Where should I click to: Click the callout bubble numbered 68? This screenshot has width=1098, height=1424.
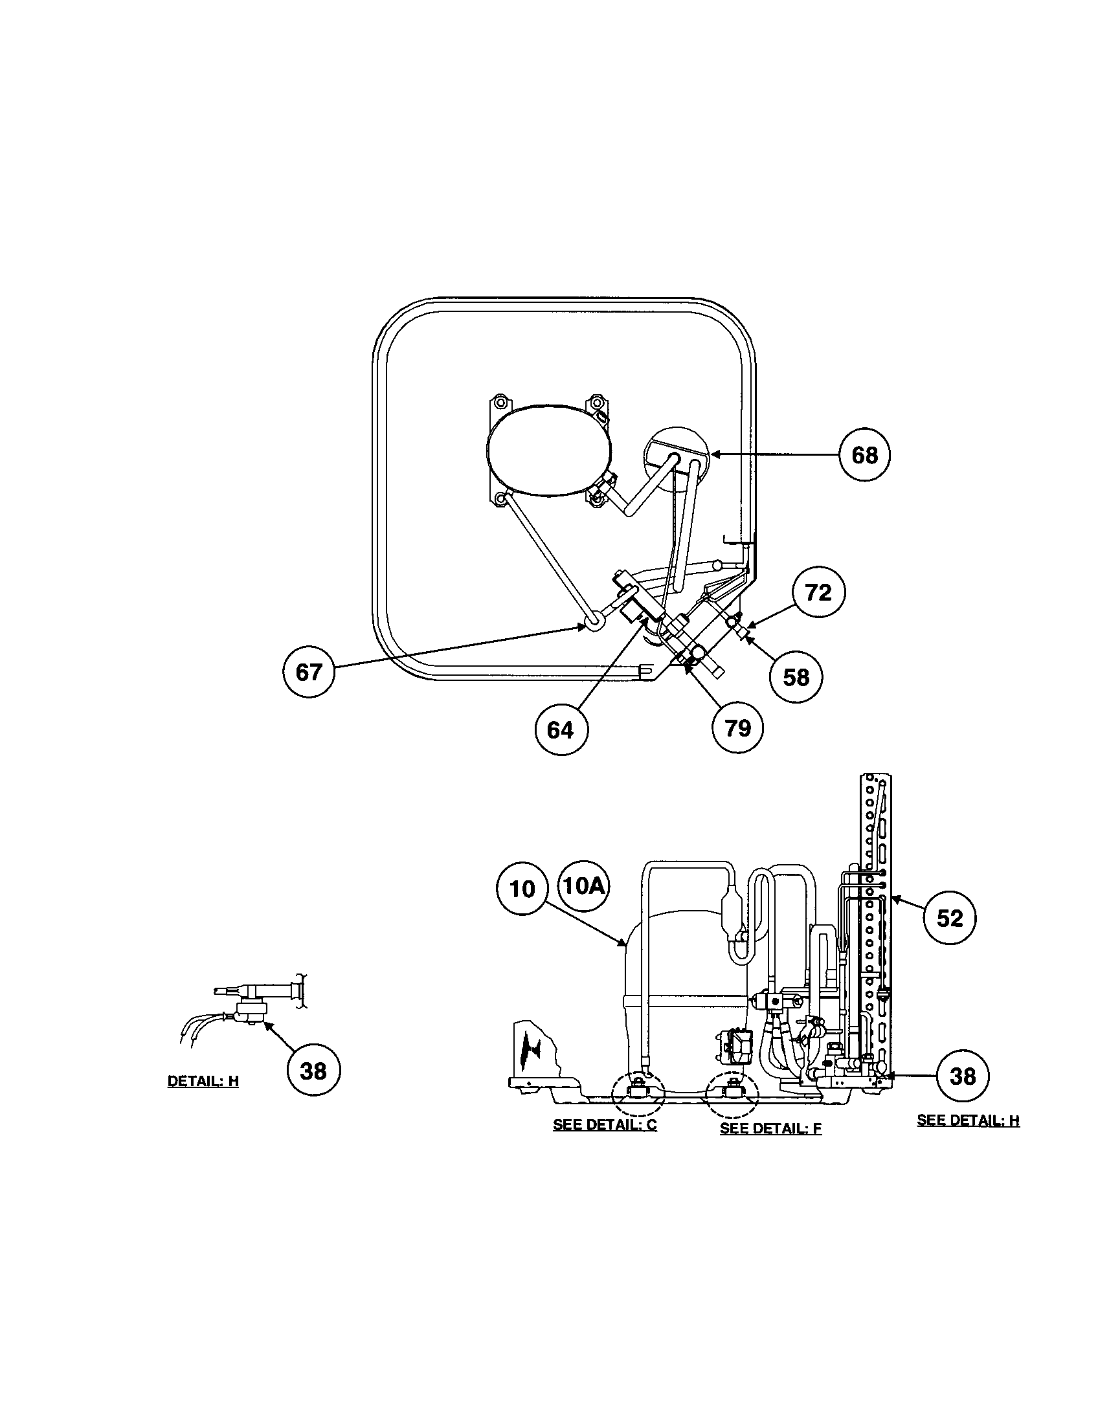864,454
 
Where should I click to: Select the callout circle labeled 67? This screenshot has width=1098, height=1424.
308,672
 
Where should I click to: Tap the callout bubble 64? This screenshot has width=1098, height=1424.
560,729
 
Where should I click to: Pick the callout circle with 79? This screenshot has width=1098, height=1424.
737,727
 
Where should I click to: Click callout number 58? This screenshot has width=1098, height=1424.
796,678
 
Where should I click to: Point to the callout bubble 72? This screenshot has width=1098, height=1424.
819,592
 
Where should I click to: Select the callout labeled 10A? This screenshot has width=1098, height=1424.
583,886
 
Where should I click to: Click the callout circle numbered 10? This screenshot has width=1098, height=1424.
522,889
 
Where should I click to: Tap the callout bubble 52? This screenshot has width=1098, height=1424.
949,918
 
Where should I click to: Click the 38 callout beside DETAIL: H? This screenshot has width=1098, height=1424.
313,1070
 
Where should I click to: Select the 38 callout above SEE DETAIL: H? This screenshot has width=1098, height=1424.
963,1076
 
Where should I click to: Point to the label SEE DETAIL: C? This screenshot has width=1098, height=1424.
605,1125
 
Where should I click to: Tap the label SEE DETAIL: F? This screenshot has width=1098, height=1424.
770,1128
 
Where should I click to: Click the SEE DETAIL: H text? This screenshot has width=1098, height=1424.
968,1120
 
